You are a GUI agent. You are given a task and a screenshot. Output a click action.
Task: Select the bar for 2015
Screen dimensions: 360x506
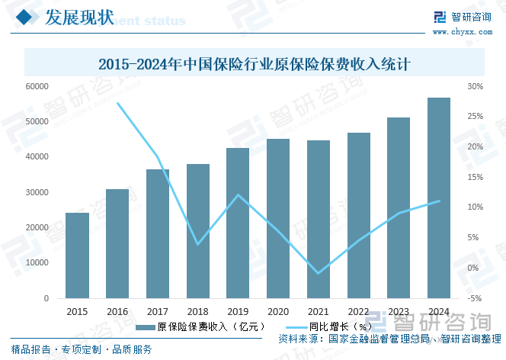tap(77, 255)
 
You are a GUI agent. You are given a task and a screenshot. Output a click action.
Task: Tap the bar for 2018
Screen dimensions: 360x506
tap(198, 230)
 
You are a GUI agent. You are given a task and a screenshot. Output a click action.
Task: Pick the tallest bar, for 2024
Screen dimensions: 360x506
tap(438, 198)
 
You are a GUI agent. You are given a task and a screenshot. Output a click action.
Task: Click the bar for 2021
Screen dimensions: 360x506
tap(319, 219)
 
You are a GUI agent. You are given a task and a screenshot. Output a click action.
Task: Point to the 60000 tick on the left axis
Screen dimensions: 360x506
tap(37, 86)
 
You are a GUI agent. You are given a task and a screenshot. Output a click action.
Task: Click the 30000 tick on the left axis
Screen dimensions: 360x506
tap(37, 192)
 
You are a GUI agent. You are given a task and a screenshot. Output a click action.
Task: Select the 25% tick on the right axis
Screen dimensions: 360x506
tap(476, 117)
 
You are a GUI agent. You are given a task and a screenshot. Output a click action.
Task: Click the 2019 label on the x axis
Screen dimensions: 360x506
tap(238, 311)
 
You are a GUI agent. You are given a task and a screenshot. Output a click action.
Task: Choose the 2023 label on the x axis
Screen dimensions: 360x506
tap(399, 311)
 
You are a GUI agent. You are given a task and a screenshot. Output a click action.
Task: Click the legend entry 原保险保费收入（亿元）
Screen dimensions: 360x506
tap(200, 326)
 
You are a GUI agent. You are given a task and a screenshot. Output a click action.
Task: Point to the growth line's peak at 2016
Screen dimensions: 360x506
tap(117, 103)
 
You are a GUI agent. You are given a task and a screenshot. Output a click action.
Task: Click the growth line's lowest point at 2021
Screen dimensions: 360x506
tap(319, 273)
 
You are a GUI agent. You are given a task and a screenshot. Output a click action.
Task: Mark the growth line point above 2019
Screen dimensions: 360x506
tap(238, 195)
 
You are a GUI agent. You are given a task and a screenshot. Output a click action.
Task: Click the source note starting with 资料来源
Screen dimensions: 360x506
tap(389, 338)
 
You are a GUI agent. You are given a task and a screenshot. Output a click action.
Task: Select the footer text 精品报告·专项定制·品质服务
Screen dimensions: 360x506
tap(82, 349)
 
